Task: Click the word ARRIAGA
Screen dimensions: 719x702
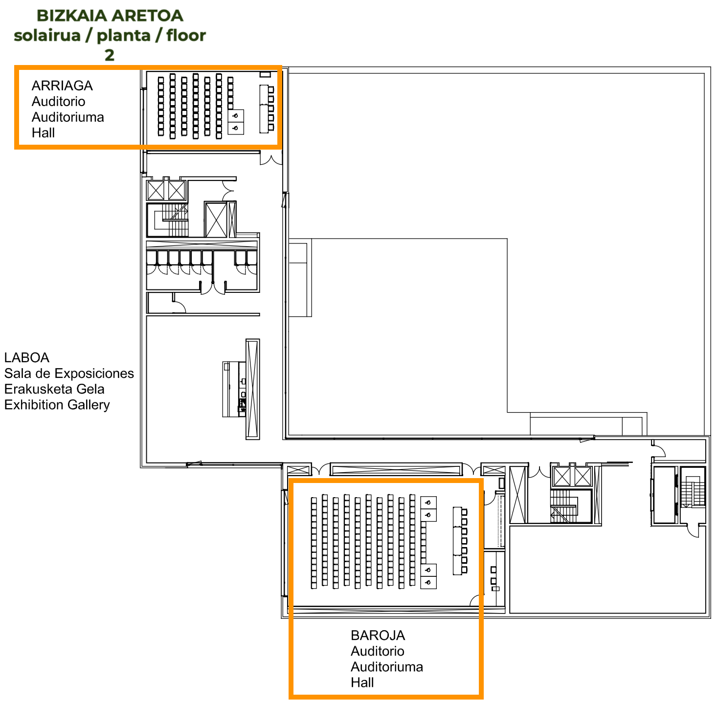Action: [x=62, y=86]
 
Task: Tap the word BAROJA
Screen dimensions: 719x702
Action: [x=378, y=635]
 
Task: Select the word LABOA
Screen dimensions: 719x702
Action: [x=26, y=357]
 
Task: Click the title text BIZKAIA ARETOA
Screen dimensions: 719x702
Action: [x=110, y=16]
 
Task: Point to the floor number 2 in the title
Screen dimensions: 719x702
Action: [x=110, y=55]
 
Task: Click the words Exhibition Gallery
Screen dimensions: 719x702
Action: [x=57, y=405]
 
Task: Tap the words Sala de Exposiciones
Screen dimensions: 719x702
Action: [x=69, y=373]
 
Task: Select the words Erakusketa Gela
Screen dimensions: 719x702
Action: [x=54, y=389]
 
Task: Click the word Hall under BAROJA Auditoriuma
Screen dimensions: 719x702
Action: [x=362, y=682]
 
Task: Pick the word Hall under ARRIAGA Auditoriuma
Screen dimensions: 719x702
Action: [x=43, y=132]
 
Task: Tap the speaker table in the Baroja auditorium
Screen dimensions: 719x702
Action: [x=457, y=541]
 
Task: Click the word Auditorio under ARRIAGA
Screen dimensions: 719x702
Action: [x=58, y=101]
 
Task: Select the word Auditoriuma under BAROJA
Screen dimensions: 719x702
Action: [x=387, y=666]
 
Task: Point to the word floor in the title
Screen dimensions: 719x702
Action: [x=186, y=36]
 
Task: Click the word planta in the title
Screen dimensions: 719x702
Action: [x=124, y=36]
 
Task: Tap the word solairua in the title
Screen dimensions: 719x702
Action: [x=47, y=36]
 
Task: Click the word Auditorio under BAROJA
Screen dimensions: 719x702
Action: [x=378, y=651]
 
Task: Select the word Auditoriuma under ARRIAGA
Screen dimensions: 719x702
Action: [x=68, y=117]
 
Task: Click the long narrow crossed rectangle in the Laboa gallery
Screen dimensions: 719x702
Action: [x=253, y=389]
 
